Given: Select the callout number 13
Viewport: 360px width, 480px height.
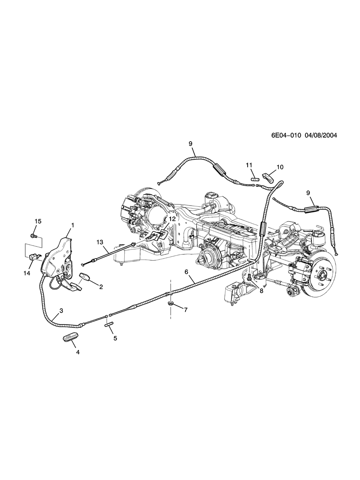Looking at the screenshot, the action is pos(100,242).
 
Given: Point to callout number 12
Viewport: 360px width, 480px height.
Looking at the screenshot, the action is pos(172,219).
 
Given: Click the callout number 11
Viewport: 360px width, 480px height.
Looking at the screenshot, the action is pos(249,165).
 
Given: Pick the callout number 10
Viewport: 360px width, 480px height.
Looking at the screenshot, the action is pos(280,167).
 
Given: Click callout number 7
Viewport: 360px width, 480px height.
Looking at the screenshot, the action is pos(186,309).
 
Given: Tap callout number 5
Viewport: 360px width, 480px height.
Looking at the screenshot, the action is pos(115,338).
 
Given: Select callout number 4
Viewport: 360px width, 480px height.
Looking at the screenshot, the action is pos(77,352).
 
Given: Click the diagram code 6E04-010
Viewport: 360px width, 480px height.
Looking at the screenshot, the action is pos(286,135).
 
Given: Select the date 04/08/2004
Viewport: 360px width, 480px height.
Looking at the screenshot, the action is pos(321,135).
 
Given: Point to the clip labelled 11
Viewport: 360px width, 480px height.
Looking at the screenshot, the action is pos(255,179).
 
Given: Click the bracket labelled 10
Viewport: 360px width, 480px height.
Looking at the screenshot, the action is pos(268,177).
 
